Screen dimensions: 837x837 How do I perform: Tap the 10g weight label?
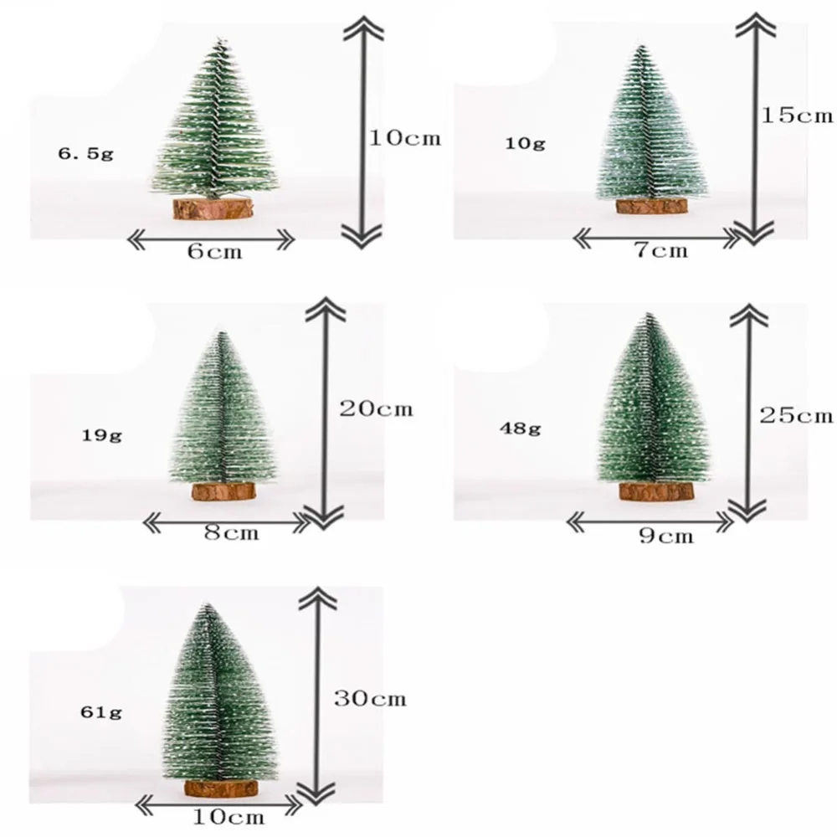[x=525, y=143]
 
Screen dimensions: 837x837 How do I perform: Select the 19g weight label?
[x=103, y=436]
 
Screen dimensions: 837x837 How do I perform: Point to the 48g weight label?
[x=521, y=429]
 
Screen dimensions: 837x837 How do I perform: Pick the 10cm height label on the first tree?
[x=405, y=138]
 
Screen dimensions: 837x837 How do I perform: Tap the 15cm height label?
[x=797, y=115]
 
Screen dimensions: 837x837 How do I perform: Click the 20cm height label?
[x=376, y=409]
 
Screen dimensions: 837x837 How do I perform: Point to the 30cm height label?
[x=369, y=697]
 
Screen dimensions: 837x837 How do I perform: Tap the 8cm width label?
[x=231, y=533]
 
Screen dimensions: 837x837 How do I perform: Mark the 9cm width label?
[x=666, y=536]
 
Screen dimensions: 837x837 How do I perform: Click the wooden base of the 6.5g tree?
[x=213, y=208]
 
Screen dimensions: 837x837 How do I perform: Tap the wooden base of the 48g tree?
[x=655, y=491]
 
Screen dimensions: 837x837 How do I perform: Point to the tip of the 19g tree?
[x=221, y=334]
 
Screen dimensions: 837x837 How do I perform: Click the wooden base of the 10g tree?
[x=651, y=206]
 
